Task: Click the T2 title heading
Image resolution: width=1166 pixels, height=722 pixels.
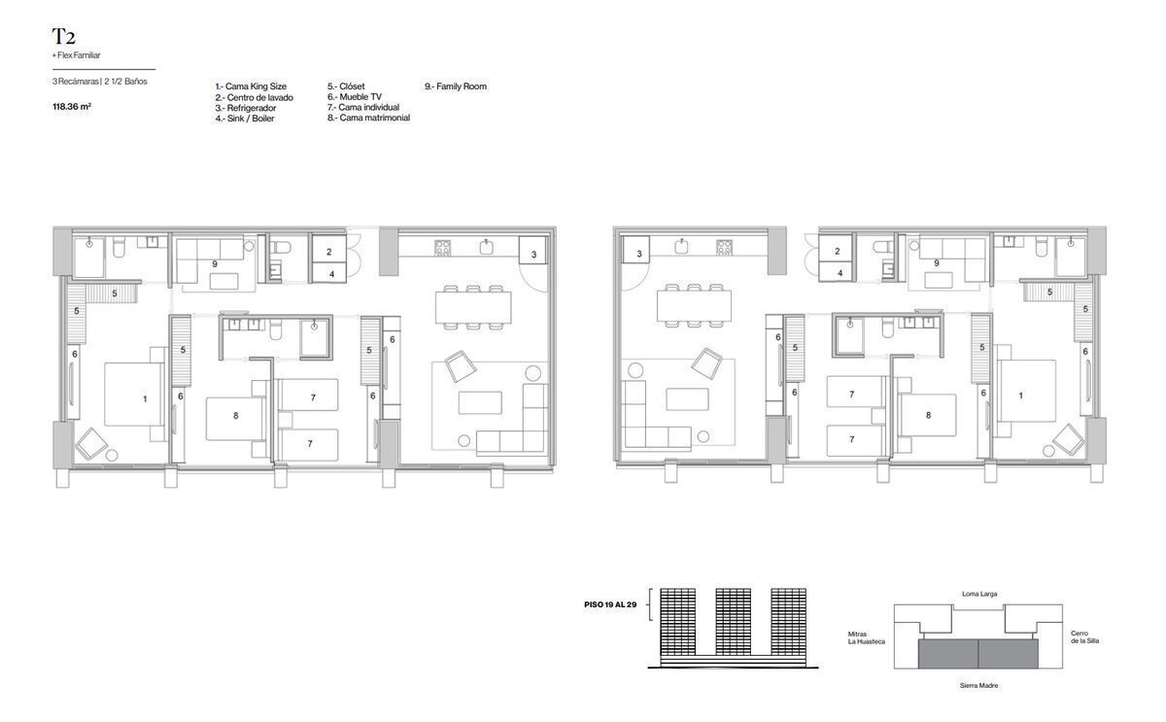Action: pyautogui.click(x=63, y=36)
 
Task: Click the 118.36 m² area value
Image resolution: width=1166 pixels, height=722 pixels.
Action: pyautogui.click(x=72, y=107)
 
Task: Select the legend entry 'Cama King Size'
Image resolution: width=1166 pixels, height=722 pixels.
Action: pyautogui.click(x=256, y=86)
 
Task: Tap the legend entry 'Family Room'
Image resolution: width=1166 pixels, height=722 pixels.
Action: pyautogui.click(x=462, y=86)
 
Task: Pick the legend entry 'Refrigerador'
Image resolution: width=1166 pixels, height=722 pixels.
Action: pyautogui.click(x=252, y=108)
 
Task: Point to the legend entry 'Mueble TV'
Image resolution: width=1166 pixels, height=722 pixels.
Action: pyautogui.click(x=360, y=97)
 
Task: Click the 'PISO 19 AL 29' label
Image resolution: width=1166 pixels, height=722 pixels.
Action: pyautogui.click(x=610, y=604)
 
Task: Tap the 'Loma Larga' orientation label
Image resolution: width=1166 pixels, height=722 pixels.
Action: pyautogui.click(x=979, y=594)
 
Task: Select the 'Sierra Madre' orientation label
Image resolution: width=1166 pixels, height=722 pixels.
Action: pyautogui.click(x=978, y=686)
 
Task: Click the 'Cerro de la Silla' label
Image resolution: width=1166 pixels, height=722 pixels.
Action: pyautogui.click(x=1084, y=637)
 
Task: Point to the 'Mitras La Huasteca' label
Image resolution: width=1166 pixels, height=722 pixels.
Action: pyautogui.click(x=866, y=637)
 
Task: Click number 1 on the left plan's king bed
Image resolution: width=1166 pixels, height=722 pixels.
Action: pyautogui.click(x=145, y=398)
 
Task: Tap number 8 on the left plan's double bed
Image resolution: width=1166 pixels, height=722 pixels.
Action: pyautogui.click(x=236, y=415)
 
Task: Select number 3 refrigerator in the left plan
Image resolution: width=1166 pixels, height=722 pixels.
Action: pyautogui.click(x=533, y=255)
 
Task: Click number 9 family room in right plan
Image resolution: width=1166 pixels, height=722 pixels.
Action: pyautogui.click(x=936, y=263)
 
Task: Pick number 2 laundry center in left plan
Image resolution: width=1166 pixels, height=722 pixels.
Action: pyautogui.click(x=328, y=252)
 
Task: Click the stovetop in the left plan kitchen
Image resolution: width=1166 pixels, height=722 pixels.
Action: pyautogui.click(x=442, y=247)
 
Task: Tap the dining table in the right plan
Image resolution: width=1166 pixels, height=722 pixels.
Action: pyautogui.click(x=694, y=305)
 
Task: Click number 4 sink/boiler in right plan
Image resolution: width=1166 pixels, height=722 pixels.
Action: pyautogui.click(x=840, y=273)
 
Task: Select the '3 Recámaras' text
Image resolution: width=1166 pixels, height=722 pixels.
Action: pyautogui.click(x=76, y=82)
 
